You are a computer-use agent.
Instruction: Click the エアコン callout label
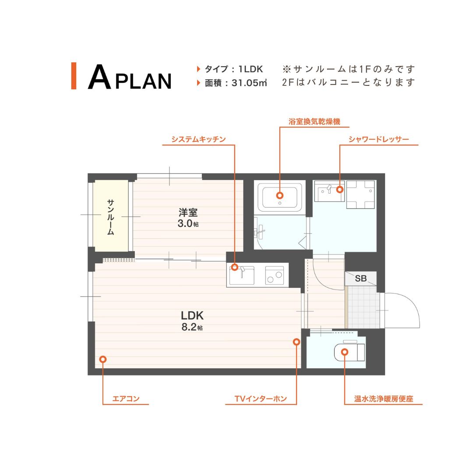coord(126,399)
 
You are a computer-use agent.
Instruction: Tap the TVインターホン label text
coord(261,399)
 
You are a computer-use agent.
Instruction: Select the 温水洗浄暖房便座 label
coord(383,399)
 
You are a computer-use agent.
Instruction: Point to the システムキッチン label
coord(198,139)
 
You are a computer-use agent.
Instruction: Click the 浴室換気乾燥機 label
coord(314,122)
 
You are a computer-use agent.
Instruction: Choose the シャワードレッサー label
coord(378,139)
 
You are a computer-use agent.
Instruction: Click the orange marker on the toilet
coord(345,352)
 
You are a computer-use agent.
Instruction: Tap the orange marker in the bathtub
coord(279,195)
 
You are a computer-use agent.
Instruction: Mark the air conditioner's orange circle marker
coord(103,359)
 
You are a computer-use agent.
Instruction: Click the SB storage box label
coord(361,279)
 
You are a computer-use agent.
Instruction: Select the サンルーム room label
coord(111,217)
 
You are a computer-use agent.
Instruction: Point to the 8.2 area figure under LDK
coord(189,327)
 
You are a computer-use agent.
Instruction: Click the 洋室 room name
coord(188,213)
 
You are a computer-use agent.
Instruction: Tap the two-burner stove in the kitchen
coord(275,275)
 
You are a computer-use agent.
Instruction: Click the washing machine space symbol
coord(360,194)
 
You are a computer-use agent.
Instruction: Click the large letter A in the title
coord(99,77)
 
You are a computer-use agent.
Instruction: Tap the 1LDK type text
coord(251,69)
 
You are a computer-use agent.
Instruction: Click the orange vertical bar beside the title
coord(74,76)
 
